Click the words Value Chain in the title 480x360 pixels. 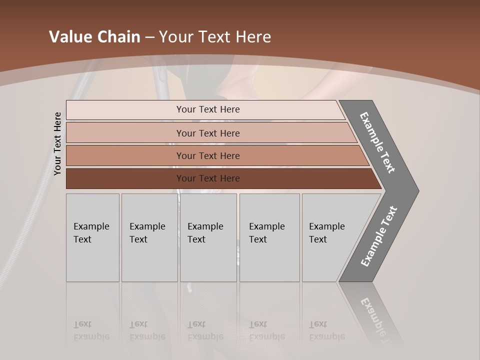94,37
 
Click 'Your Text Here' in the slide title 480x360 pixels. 215,37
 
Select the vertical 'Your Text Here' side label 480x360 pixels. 57,143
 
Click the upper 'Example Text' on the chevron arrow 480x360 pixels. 377,142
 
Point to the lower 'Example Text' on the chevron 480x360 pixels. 378,236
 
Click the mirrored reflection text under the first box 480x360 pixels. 91,330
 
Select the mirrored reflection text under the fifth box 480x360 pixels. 327,330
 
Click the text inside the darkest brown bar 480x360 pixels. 208,178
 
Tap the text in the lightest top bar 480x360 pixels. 208,109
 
